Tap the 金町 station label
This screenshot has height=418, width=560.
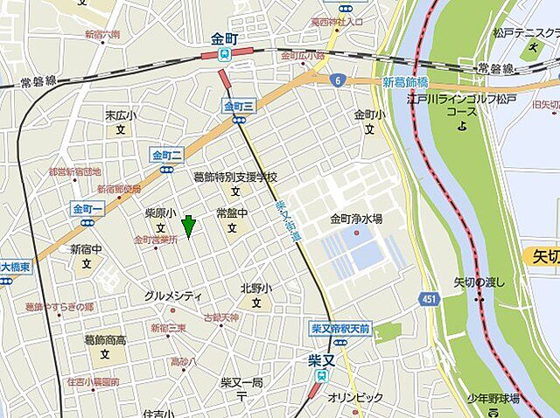tap(225, 39)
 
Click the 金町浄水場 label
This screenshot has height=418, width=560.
tap(355, 219)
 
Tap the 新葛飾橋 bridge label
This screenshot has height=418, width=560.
tap(405, 81)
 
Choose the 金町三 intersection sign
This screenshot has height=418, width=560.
tap(238, 106)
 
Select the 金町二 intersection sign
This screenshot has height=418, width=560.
tap(166, 156)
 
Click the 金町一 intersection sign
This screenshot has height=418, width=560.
tap(88, 209)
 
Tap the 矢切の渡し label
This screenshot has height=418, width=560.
tap(480, 282)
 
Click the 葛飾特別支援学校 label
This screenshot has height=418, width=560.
tap(234, 178)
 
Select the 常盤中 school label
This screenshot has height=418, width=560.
tap(232, 213)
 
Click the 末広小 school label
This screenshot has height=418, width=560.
tap(121, 115)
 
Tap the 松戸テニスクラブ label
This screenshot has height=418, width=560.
tap(526, 33)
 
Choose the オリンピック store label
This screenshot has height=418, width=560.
tap(355, 398)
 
